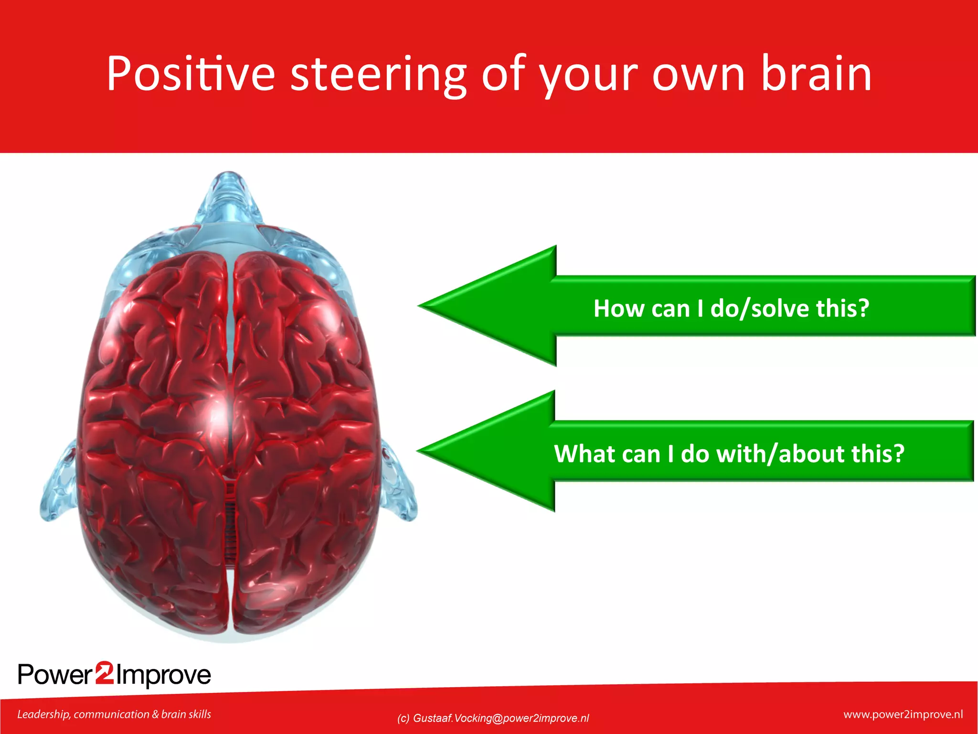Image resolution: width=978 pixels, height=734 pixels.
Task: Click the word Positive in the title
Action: [x=191, y=74]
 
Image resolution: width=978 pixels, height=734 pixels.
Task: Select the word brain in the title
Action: [x=816, y=74]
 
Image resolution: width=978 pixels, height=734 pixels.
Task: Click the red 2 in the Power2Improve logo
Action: [x=104, y=673]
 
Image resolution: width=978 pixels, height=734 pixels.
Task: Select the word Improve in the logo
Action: [x=163, y=676]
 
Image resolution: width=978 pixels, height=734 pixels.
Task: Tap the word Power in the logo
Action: [x=55, y=675]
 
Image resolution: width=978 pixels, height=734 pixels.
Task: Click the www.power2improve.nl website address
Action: [x=903, y=714]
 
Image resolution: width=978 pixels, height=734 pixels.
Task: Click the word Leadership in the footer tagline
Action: [x=43, y=714]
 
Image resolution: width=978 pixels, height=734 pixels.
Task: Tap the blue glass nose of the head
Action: [x=229, y=196]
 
